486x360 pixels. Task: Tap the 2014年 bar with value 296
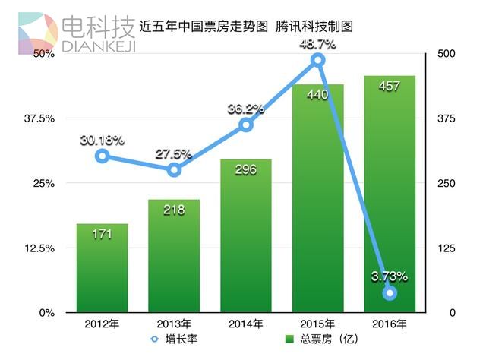point(245,236)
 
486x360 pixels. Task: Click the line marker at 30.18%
point(102,156)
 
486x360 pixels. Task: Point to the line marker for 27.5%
point(174,170)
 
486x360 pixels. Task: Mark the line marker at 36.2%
point(245,125)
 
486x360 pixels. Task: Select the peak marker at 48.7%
point(317,60)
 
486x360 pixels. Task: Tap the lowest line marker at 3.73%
point(390,293)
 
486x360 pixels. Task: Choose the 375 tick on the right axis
point(447,118)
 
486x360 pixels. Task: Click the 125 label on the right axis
point(447,248)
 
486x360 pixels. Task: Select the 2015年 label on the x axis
point(317,324)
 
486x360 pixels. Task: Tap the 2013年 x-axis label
point(174,324)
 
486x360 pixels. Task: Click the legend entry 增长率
point(181,339)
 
